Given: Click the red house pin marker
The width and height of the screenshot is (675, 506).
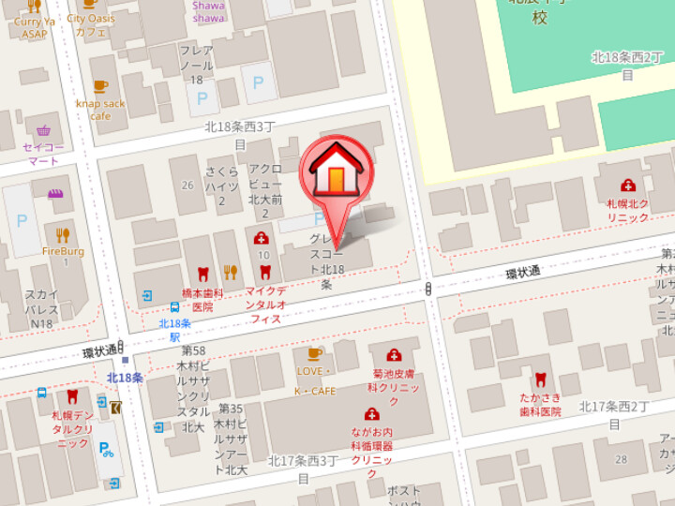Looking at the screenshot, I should (336, 173).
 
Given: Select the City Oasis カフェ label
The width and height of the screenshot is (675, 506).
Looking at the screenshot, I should (91, 24).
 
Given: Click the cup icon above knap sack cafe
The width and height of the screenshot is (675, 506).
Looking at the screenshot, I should (100, 86).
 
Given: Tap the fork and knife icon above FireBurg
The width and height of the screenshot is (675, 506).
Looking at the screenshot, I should (63, 234).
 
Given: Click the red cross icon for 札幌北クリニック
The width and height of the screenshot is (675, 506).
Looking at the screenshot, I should (627, 186).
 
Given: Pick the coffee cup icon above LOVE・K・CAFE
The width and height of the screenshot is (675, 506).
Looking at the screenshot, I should (315, 353).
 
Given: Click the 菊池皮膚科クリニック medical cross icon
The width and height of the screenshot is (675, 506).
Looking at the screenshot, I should (394, 355).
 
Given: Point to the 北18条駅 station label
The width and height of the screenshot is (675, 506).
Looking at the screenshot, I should (174, 329).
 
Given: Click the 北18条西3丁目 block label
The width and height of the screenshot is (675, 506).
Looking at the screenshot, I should (240, 134).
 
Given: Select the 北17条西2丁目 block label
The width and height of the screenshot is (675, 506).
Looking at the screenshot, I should (614, 413).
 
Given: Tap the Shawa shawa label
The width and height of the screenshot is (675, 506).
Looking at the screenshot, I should (208, 11).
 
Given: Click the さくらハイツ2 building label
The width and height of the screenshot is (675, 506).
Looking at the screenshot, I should (222, 186).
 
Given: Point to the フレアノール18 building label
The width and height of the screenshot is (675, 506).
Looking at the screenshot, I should (196, 66).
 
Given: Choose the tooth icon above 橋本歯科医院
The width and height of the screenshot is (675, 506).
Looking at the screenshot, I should (202, 274).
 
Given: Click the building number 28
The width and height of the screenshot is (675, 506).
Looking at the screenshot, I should (621, 458).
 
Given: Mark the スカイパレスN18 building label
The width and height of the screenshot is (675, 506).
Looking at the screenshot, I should (41, 308).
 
